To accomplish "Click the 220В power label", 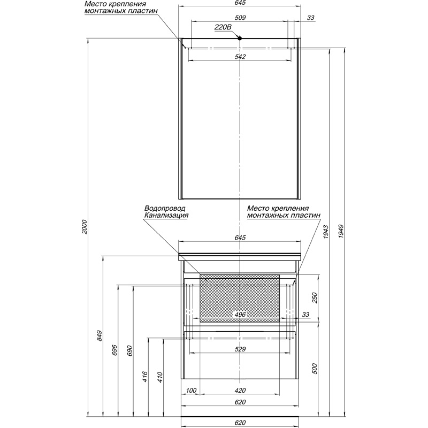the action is click(x=223, y=27).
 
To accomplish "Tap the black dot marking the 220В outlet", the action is click(x=240, y=39).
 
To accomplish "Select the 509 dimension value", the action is click(x=240, y=18).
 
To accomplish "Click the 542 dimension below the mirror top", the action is click(x=240, y=57).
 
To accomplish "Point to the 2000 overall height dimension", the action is click(x=85, y=227).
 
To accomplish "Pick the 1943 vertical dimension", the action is click(x=326, y=232).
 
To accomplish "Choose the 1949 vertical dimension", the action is click(x=341, y=232).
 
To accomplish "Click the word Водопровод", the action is click(x=165, y=208).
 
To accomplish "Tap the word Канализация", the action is click(x=166, y=215).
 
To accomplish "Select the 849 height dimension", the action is click(x=99, y=335).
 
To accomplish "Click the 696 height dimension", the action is click(x=114, y=350).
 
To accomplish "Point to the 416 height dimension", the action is click(x=145, y=377).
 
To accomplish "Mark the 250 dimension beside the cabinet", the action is click(x=315, y=298).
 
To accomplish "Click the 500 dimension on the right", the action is click(x=315, y=369).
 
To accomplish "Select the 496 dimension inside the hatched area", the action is click(x=240, y=315).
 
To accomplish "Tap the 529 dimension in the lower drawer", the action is click(x=240, y=349).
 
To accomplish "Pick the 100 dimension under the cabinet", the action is click(x=191, y=391).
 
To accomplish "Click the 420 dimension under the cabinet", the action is click(x=240, y=391).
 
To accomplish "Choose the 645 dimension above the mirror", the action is click(x=240, y=3).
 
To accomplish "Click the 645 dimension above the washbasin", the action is click(x=240, y=238).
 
